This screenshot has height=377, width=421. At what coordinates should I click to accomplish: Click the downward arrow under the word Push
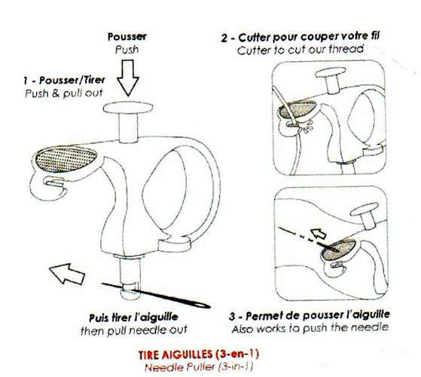128,78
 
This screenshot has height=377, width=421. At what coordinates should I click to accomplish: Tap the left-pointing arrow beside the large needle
67,274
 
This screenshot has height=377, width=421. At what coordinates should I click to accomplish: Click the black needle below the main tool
156,296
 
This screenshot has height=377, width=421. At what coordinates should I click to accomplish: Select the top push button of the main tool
128,108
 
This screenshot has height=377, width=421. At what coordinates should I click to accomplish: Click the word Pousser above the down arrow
127,37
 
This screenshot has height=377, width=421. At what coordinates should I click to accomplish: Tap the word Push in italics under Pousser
127,50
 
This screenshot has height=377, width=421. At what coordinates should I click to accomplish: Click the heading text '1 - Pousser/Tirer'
64,81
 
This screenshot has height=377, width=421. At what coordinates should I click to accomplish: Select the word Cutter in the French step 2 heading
255,38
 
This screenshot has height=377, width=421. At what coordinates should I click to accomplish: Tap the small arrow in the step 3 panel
319,233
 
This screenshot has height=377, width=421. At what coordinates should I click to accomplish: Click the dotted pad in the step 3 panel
339,250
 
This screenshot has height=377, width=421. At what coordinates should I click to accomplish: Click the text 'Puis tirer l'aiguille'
133,317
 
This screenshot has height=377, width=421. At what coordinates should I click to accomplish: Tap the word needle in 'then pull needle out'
150,329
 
